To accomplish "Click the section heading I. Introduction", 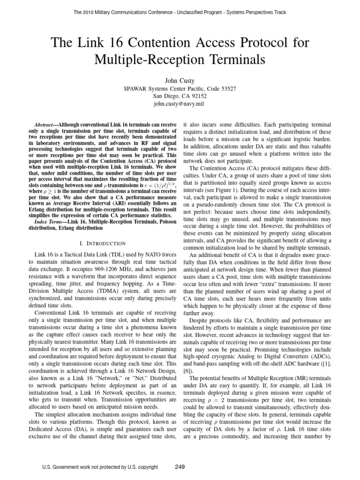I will [x=99, y=243].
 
